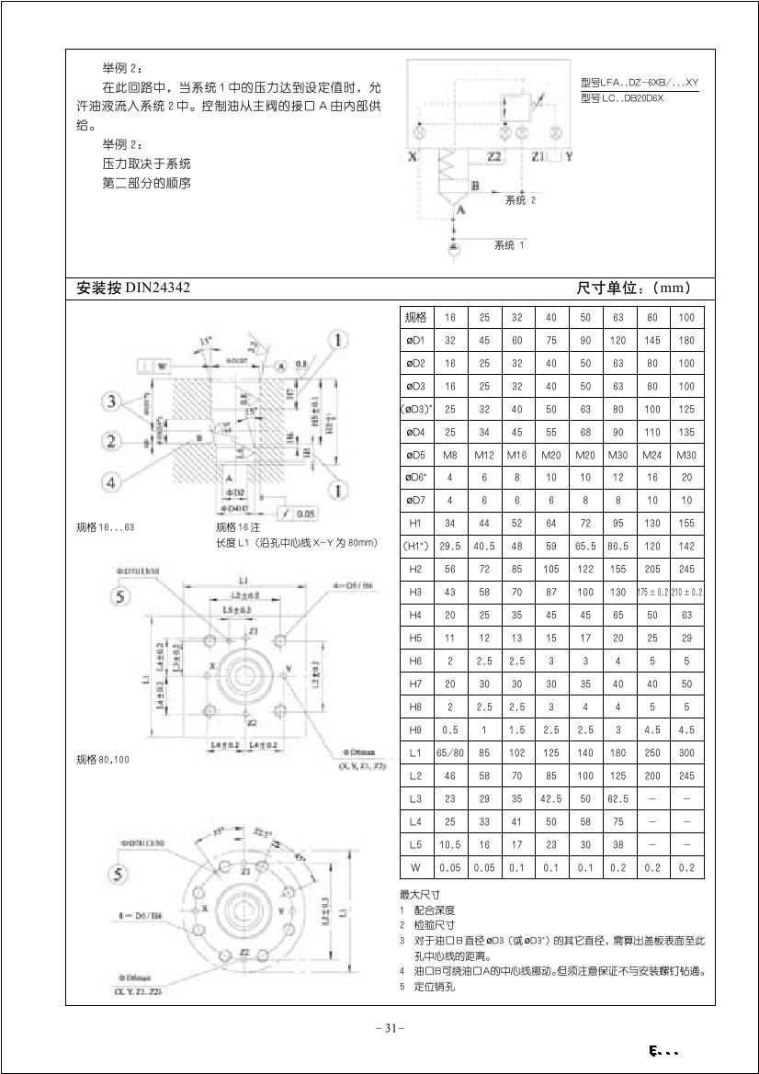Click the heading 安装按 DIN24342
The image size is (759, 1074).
click(x=134, y=288)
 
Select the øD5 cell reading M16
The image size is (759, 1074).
click(x=517, y=454)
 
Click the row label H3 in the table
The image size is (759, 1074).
click(x=415, y=592)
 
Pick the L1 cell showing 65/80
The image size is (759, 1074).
click(x=450, y=752)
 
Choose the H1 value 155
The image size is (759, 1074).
click(x=686, y=523)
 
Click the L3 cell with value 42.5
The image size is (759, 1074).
click(x=551, y=798)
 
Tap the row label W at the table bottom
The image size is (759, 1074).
click(x=415, y=867)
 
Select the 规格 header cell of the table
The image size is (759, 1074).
click(x=415, y=317)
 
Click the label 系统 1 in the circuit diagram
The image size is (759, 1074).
click(x=509, y=245)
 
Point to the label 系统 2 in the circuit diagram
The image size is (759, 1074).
click(x=520, y=199)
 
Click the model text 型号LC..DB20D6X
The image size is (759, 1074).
click(x=622, y=98)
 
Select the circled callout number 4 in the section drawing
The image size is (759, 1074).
click(x=109, y=481)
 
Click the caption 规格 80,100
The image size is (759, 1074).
click(x=103, y=760)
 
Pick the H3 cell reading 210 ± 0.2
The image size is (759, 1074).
click(x=686, y=592)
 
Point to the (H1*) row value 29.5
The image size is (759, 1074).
click(x=450, y=546)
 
